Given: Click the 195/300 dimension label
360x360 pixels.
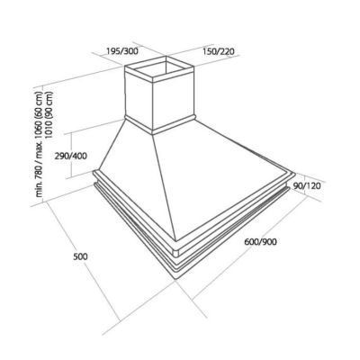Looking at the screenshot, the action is [x=122, y=51].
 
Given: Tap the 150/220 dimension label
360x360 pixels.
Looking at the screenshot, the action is [x=218, y=51].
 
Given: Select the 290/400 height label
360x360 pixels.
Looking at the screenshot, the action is [x=70, y=156].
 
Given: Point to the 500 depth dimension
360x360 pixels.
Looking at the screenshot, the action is [x=80, y=256].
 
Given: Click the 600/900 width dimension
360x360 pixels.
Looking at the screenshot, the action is [x=260, y=241].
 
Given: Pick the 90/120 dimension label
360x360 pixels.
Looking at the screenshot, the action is [x=307, y=186].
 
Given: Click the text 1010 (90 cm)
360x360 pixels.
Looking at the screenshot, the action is [x=49, y=114].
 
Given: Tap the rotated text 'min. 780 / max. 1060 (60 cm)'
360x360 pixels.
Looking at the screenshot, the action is [x=40, y=141].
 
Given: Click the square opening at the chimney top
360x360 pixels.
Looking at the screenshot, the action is [x=159, y=69].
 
